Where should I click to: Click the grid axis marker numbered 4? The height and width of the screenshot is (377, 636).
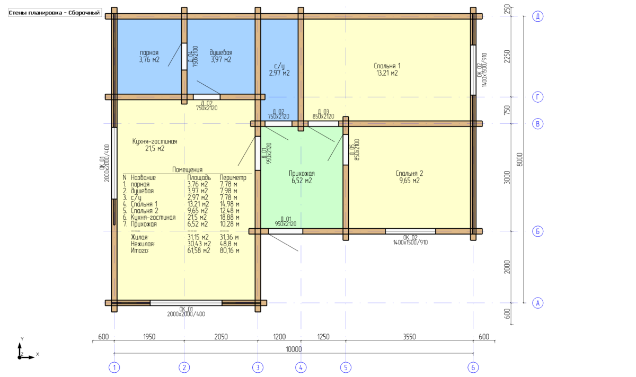point(301,367)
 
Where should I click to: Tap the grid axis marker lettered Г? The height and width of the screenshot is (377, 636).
point(537,97)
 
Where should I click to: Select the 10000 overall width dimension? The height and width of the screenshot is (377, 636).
point(294,349)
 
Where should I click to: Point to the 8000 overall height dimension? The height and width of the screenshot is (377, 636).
point(519,159)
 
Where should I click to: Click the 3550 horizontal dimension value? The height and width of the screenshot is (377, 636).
point(409,337)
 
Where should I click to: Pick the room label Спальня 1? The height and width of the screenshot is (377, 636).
point(387,66)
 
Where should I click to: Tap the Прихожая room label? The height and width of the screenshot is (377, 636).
point(302,173)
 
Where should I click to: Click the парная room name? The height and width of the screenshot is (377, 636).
point(149,53)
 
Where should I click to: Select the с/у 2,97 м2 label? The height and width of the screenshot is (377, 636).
point(279,69)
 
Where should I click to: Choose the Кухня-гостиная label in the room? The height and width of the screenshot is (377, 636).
point(155,141)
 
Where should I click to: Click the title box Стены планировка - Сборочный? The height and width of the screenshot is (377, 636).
point(55,13)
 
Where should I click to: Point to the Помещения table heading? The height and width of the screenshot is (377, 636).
point(188,169)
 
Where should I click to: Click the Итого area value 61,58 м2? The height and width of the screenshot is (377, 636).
point(198,250)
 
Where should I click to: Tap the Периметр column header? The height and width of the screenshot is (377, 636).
point(233,177)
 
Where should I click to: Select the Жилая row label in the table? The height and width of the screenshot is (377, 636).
point(139,237)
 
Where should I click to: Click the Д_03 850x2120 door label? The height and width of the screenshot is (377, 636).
point(323,114)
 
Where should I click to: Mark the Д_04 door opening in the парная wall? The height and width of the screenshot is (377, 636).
point(184,57)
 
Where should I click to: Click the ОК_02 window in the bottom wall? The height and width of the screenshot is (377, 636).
point(410,231)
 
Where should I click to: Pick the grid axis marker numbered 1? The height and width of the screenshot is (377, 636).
point(114,367)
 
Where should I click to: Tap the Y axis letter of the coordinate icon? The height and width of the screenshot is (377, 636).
point(22,339)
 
